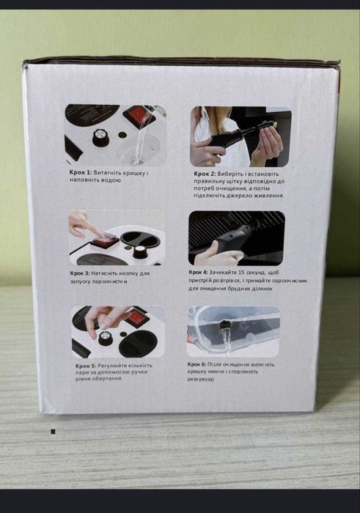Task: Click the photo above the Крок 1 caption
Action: pos(114,135)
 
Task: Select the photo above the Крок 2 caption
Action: pos(240,135)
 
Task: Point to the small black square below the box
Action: pos(53,432)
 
